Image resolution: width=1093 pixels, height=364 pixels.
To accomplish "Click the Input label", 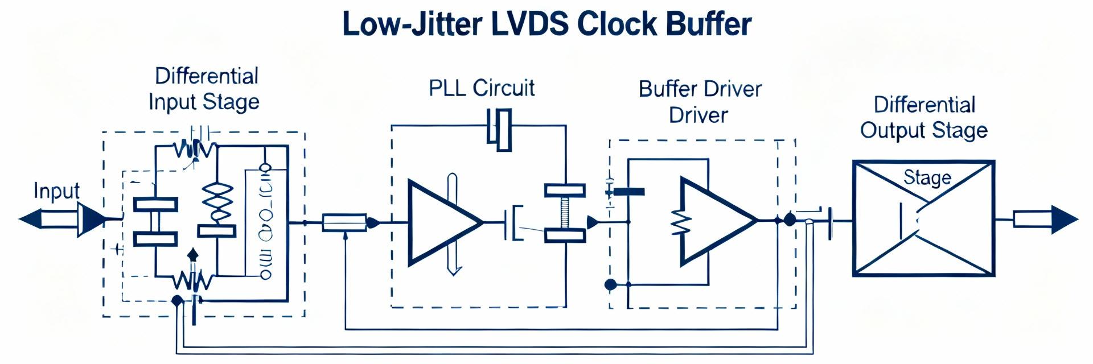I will coord(56,191).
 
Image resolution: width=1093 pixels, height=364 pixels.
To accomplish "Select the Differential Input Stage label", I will coord(205,89).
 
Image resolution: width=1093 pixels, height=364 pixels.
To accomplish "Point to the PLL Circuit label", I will coord(482,88).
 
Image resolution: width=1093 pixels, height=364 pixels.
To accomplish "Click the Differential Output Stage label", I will coord(924,118).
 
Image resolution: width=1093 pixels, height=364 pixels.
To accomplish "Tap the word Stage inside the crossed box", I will coord(927,177).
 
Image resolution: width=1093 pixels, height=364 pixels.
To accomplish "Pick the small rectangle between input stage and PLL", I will coord(344,222).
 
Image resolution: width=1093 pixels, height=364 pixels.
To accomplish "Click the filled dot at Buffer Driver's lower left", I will coord(610,284).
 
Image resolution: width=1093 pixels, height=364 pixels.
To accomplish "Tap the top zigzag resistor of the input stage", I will coord(194,150).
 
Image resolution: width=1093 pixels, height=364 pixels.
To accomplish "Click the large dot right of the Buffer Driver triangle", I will coord(790,220).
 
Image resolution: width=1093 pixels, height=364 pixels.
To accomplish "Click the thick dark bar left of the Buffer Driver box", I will coord(628,192).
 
